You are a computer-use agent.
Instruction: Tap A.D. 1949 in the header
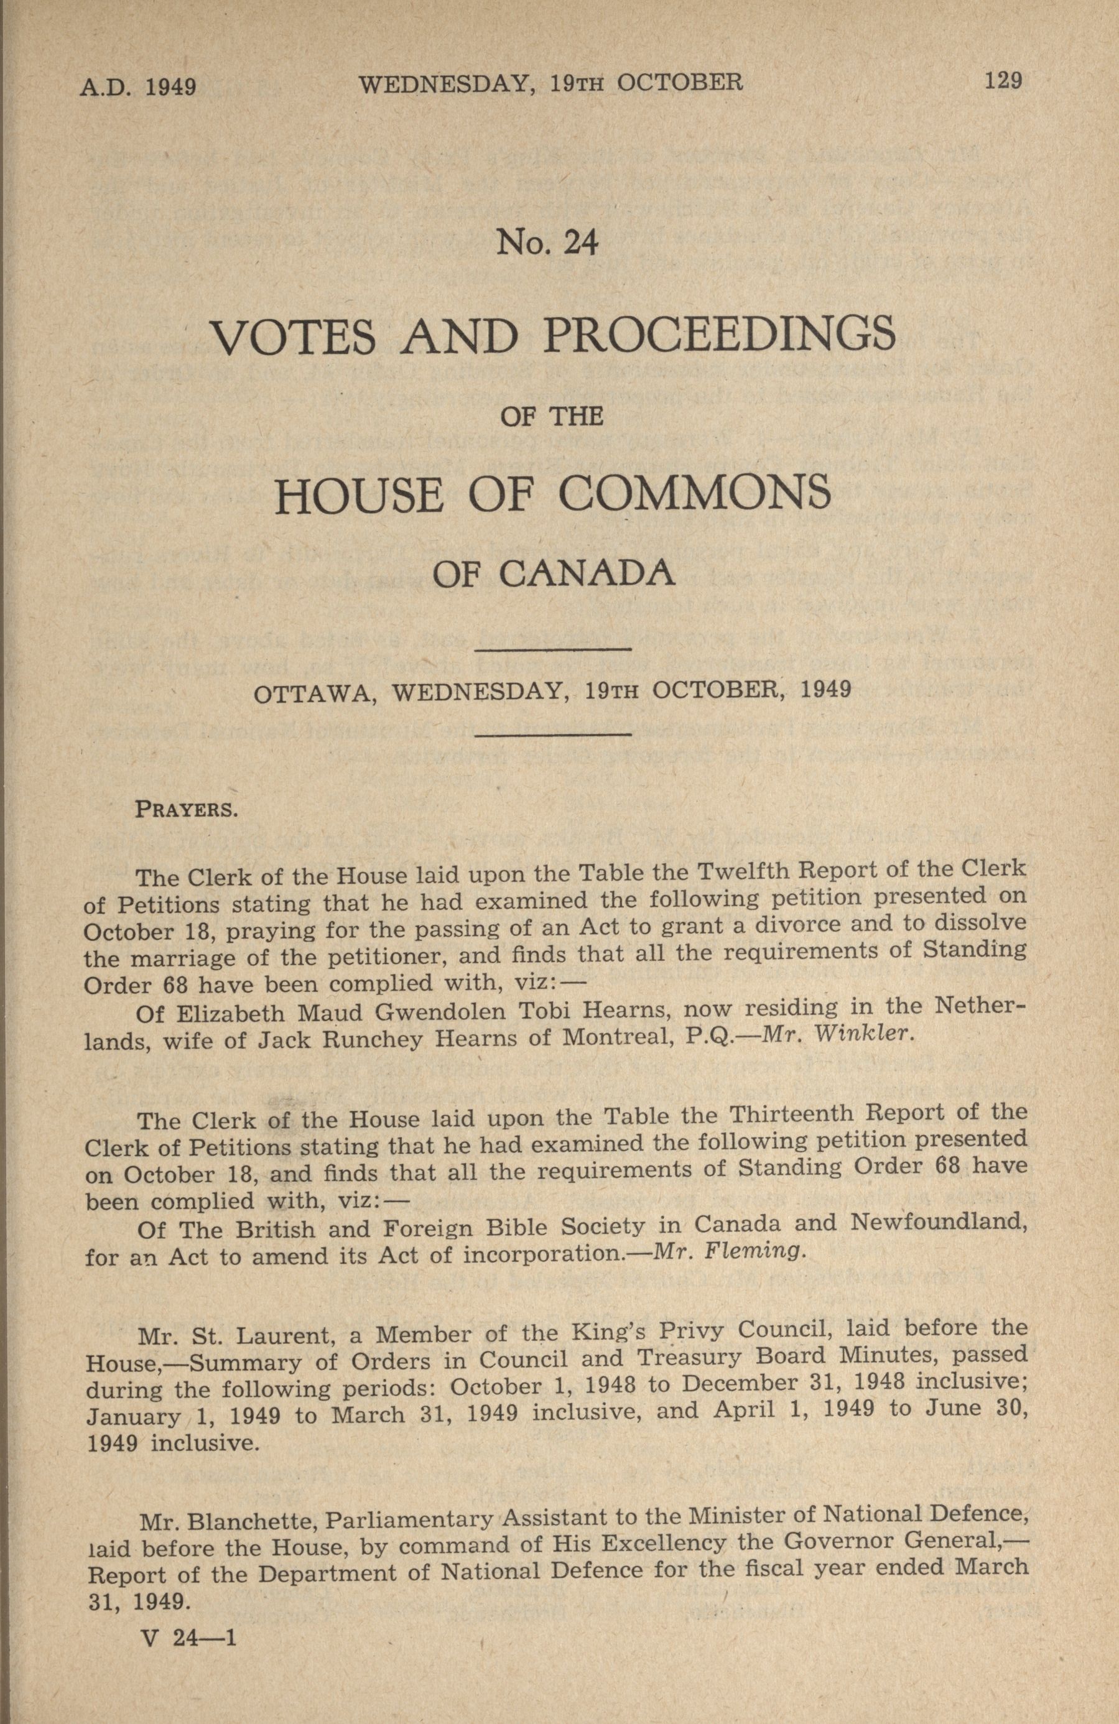point(137,87)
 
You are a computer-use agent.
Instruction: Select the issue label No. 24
point(547,243)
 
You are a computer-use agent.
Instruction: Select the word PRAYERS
point(186,809)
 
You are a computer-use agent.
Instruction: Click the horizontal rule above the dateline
point(554,650)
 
